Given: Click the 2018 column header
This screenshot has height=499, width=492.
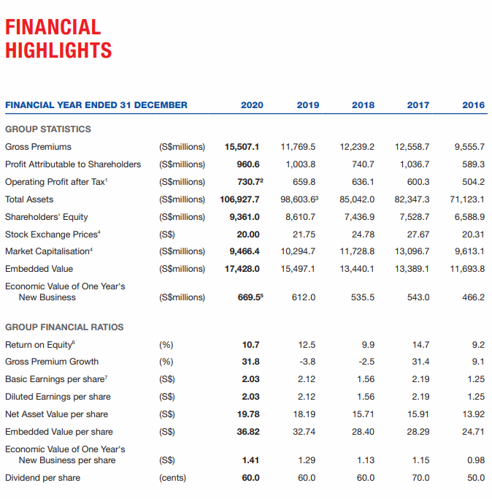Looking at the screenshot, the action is (363, 105).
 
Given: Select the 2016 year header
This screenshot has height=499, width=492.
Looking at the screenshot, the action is (473, 105).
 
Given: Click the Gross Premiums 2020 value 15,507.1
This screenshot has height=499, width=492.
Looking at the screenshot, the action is (242, 147).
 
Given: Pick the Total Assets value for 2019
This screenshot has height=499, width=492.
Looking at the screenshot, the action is (299, 199).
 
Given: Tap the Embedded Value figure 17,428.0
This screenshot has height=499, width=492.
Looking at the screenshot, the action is (242, 269).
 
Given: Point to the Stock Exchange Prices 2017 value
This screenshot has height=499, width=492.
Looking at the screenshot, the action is (418, 235).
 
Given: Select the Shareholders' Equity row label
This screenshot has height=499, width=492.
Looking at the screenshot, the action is (47, 217).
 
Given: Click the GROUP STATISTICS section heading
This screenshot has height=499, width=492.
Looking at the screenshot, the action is (48, 129).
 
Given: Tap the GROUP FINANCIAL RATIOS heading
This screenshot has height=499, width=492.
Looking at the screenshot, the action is (64, 327).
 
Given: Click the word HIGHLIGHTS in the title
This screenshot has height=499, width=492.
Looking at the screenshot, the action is (58, 50).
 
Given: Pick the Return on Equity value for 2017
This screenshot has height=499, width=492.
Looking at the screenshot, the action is (420, 345).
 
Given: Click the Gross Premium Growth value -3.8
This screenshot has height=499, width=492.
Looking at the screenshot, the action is (307, 362).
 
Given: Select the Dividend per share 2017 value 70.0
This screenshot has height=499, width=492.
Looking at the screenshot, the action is (420, 478).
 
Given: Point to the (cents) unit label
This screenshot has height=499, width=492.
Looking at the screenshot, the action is (172, 478).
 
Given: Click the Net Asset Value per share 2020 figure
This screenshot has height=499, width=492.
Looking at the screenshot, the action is (248, 414).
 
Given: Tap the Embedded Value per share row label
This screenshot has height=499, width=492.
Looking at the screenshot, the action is (59, 432).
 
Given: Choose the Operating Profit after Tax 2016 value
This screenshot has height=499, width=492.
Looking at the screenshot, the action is (473, 182).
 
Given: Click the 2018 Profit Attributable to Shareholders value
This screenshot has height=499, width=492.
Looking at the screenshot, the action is (363, 164).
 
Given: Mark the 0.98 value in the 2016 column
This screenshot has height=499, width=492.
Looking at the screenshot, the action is (476, 460).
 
